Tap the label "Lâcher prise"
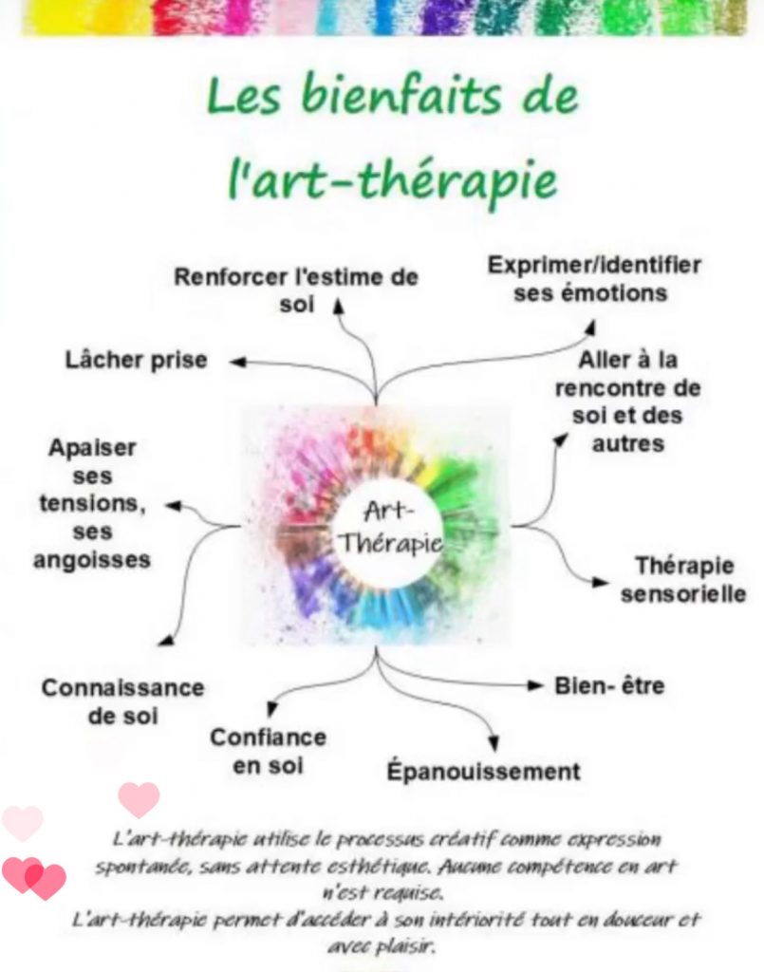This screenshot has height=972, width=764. [x=136, y=361]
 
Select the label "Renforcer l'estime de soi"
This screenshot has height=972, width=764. [x=296, y=290]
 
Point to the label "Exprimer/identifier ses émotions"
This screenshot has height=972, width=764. [x=594, y=278]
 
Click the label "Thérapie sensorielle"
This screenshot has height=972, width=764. [x=683, y=580]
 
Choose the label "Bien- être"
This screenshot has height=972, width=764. [x=610, y=685]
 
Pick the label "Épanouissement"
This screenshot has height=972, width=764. [x=483, y=770]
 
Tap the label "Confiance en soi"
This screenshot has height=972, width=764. [x=268, y=750]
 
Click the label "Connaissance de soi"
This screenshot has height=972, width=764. [x=122, y=701]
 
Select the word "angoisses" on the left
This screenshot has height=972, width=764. [x=92, y=560]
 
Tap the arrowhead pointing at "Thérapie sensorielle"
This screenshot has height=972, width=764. [x=599, y=581]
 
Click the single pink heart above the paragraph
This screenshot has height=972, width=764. [x=139, y=798]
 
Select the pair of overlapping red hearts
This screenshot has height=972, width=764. [x=34, y=878]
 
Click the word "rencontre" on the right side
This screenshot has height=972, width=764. [x=627, y=388]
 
